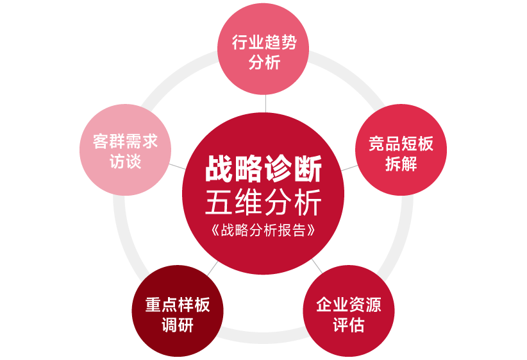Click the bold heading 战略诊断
tap(263, 172)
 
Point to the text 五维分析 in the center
tap(263, 203)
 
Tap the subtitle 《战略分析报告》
tap(263, 230)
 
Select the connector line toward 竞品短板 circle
tap(349, 167)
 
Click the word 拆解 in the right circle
tap(401, 164)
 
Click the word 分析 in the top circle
tap(263, 64)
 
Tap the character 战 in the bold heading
tap(219, 172)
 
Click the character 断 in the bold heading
tap(308, 172)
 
